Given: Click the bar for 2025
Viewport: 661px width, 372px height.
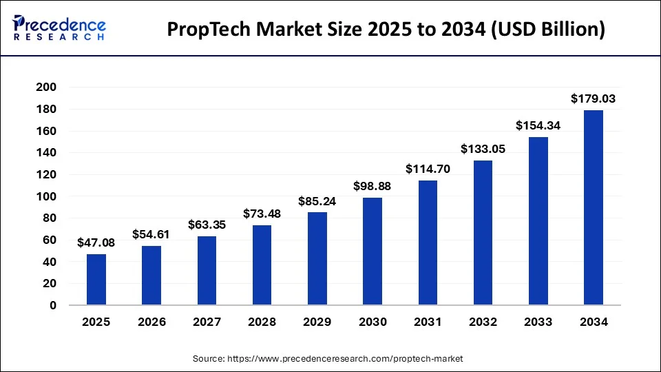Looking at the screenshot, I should coord(96,280).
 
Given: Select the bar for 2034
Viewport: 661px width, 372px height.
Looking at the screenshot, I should coord(594,207).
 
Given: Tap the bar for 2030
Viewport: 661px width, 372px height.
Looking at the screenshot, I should coord(373,251).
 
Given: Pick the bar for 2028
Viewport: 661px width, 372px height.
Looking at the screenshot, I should coord(262,265).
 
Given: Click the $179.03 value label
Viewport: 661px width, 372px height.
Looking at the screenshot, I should coord(594,99).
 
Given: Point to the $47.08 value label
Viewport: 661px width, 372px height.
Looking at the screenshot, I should coord(96,242).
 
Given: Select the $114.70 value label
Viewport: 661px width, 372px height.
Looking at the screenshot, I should coord(428,169).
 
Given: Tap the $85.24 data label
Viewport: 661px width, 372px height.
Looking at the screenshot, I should coord(317,201).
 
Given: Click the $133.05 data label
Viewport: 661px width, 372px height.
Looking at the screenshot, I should coord(483,149).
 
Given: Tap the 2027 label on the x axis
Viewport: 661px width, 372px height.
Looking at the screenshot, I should coord(207,321).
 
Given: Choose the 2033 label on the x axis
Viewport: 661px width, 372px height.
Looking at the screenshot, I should coord(538,321).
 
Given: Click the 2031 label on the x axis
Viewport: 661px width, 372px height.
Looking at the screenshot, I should coord(428,321).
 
